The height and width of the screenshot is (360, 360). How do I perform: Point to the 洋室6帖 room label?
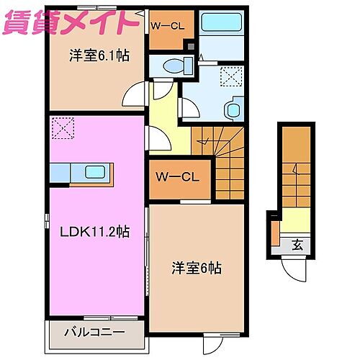click(197, 267)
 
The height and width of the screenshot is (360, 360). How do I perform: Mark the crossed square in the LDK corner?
click(60, 130)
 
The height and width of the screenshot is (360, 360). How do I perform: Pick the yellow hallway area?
click(163, 119)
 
